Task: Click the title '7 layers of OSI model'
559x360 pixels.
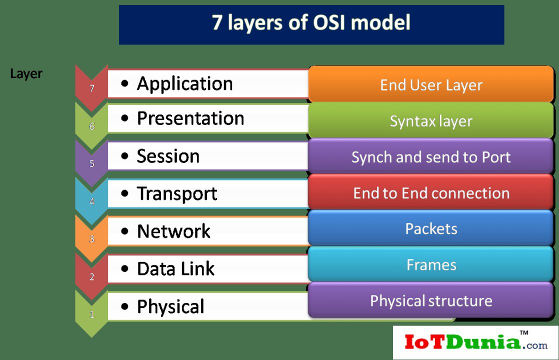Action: click(x=311, y=23)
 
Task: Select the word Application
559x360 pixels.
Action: click(x=184, y=83)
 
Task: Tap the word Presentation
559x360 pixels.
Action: click(x=190, y=118)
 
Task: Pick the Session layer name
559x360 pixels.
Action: click(x=168, y=156)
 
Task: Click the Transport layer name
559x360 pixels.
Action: click(x=177, y=194)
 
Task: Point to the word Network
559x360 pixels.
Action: click(x=173, y=231)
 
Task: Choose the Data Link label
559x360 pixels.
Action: click(x=175, y=269)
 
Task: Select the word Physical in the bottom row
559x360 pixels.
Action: click(x=170, y=306)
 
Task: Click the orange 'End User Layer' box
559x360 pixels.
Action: click(x=431, y=85)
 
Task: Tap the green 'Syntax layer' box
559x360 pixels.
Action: click(x=431, y=121)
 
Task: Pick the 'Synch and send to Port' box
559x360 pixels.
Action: click(x=431, y=157)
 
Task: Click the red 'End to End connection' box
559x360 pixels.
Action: click(x=431, y=193)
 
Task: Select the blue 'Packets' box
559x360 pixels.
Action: click(x=431, y=229)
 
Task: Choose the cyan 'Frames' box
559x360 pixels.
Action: click(x=431, y=264)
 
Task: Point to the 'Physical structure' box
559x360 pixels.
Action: click(x=431, y=300)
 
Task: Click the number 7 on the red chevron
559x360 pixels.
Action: click(x=91, y=89)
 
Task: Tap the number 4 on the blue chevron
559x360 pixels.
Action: click(x=91, y=201)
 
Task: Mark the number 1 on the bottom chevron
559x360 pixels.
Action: click(x=91, y=314)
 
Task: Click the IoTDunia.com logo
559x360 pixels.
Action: click(x=475, y=342)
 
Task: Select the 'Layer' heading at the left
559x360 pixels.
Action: click(x=26, y=74)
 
